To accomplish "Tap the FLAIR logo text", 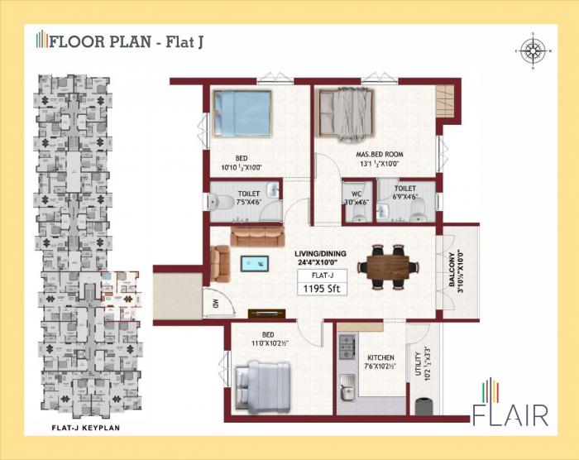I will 511,412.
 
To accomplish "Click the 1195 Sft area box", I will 322,289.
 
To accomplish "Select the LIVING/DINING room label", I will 321,254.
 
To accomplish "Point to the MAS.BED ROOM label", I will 380,155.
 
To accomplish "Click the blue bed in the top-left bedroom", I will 242,113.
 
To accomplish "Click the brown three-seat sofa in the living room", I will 257,237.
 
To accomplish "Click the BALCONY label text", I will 452,270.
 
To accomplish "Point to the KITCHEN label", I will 380,357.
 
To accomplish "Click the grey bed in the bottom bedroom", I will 263,385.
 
